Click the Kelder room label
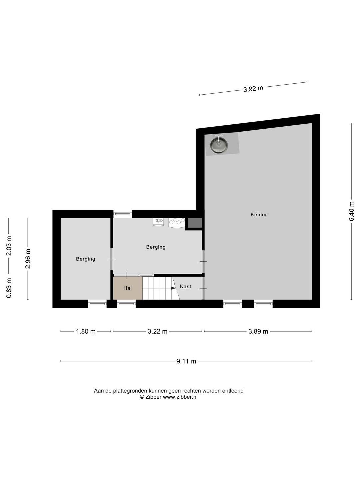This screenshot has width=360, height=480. tap(259, 215)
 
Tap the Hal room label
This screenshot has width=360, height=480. tap(127, 288)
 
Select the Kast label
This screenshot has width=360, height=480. tap(185, 286)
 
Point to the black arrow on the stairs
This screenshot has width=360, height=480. tap(173, 288)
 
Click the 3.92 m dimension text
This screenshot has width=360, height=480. tap(253, 89)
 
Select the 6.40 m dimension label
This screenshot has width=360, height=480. tap(351, 211)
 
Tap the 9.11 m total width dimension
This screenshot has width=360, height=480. tap(186, 361)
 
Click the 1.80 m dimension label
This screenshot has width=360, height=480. tap(86, 332)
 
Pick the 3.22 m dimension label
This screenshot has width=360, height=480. tap(157, 332)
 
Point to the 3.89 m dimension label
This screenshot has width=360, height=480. tap(258, 332)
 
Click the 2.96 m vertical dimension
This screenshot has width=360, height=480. tap(28, 259)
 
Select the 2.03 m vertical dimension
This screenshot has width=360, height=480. tap(9, 246)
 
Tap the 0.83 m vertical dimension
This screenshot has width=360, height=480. tap(9, 288)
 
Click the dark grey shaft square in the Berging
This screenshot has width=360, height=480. tap(195, 223)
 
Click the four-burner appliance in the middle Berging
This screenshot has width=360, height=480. tap(177, 223)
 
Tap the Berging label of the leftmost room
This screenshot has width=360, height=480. tap(85, 259)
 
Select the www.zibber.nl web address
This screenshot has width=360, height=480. tap(180, 397)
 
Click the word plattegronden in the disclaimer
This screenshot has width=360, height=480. tap(130, 391)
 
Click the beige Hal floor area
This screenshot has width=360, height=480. tap(128, 288)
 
